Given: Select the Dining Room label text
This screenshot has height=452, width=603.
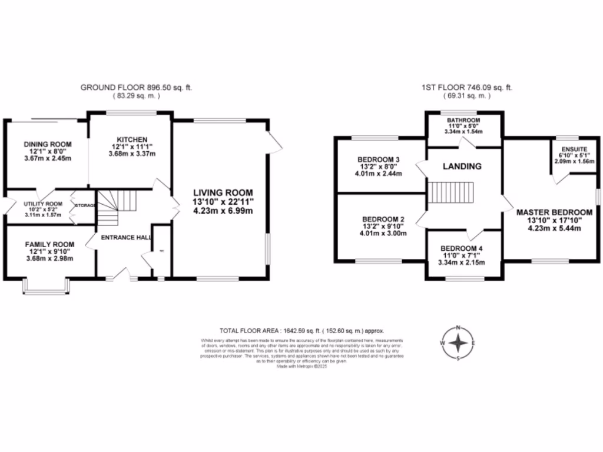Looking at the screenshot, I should [x=48, y=144].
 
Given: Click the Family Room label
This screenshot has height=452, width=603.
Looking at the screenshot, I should [x=49, y=244].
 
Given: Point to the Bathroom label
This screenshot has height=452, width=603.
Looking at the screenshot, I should [x=463, y=120].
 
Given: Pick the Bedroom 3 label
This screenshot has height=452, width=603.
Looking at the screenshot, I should [x=379, y=159].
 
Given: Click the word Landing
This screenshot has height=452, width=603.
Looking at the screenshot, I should [x=463, y=167].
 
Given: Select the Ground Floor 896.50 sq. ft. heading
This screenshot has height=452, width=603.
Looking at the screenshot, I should [x=136, y=88].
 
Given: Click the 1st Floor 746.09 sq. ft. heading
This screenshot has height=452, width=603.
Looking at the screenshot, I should [x=466, y=88].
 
